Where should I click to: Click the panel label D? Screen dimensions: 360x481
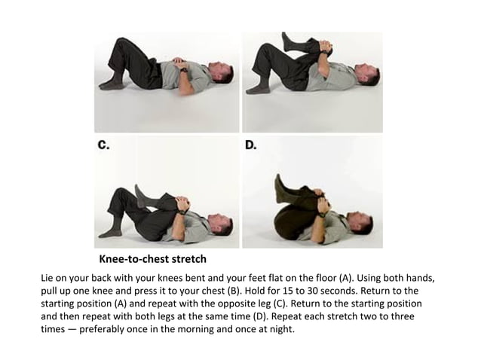pos(252,145)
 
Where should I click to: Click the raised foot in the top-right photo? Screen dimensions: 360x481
pos(286,39)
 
